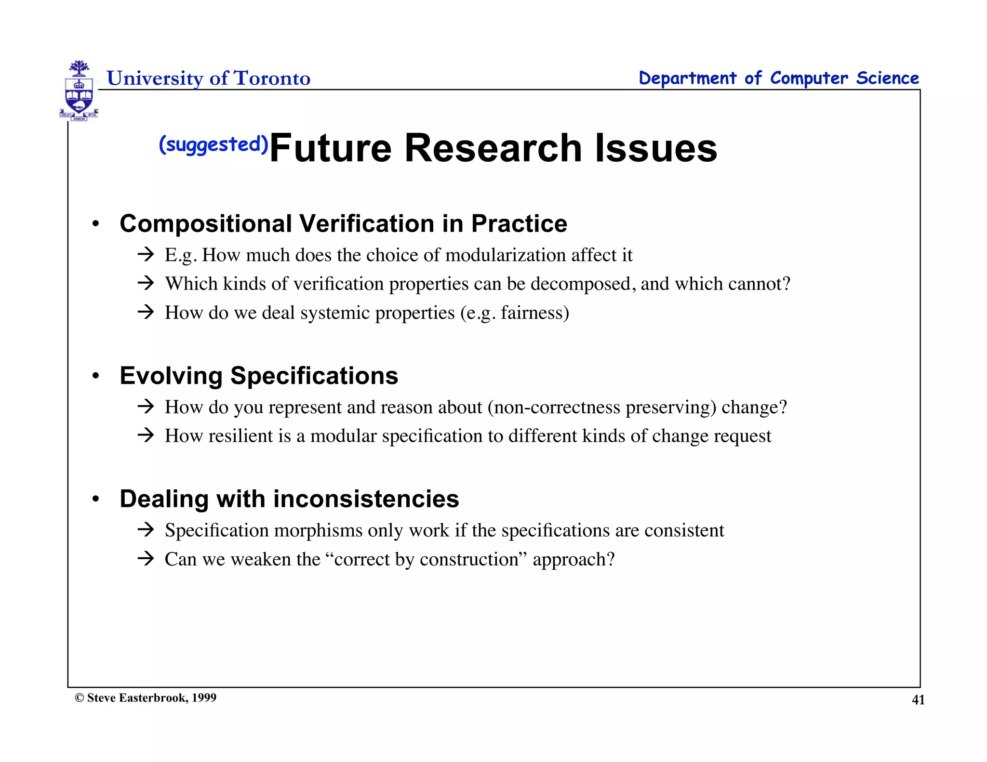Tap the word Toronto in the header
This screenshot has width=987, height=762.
pyautogui.click(x=272, y=78)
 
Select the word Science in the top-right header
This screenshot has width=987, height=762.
pyautogui.click(x=887, y=78)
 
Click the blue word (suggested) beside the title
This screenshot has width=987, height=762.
pyautogui.click(x=213, y=145)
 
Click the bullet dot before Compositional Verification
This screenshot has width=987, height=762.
pyautogui.click(x=96, y=224)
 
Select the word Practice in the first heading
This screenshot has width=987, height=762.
pyautogui.click(x=519, y=223)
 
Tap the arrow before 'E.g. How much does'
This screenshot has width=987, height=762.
pyautogui.click(x=146, y=254)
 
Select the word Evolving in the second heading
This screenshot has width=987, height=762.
pyautogui.click(x=171, y=376)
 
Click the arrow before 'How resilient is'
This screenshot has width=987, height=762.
pyautogui.click(x=146, y=435)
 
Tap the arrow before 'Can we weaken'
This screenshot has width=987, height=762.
pyautogui.click(x=146, y=559)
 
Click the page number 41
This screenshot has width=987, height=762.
pyautogui.click(x=918, y=700)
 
